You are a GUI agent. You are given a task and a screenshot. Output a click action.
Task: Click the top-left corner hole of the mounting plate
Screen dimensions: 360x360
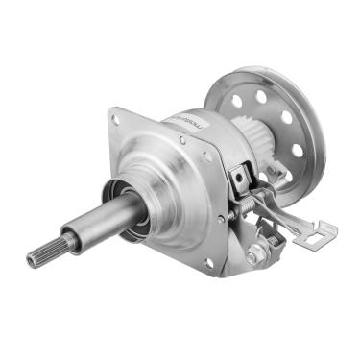[x=116, y=120]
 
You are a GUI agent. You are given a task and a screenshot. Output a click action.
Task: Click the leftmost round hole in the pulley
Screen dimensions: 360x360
[x=236, y=101]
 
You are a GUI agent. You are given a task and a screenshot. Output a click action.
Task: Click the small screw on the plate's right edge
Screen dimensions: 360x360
[x=220, y=218]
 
